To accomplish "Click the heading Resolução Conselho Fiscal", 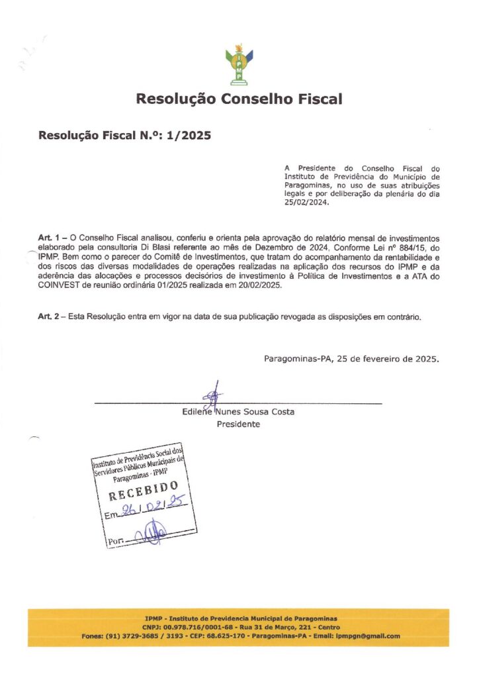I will coord(239,99).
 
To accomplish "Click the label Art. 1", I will coord(52,236).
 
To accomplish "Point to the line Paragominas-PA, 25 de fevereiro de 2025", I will coord(351,359).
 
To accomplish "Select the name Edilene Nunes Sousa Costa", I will coord(238,412).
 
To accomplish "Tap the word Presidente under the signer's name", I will coord(238,424).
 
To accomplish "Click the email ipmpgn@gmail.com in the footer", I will coord(368,636).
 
